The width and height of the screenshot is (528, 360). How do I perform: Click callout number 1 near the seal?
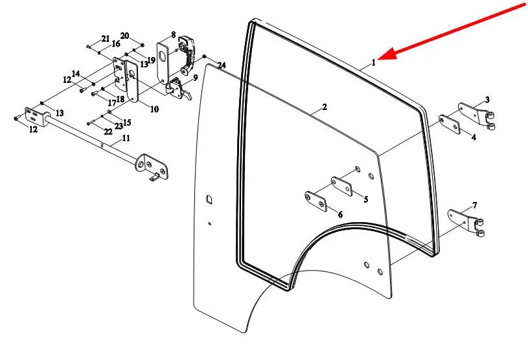[374, 63]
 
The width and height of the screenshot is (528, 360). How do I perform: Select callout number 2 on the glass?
[324, 107]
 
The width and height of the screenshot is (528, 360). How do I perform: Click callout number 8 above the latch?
[174, 34]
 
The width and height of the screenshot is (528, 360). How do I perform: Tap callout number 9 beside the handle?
[194, 78]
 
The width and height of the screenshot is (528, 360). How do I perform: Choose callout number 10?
[154, 109]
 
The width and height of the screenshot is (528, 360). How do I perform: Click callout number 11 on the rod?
[126, 138]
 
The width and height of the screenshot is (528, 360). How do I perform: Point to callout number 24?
[222, 65]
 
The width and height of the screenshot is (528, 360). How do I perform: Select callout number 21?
[106, 38]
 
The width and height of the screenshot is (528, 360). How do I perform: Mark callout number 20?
[125, 35]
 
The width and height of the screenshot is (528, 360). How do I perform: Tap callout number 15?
[127, 122]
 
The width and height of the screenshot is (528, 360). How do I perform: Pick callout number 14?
[76, 74]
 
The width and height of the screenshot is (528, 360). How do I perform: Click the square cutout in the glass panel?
[208, 199]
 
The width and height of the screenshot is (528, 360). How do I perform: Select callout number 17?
[111, 103]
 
